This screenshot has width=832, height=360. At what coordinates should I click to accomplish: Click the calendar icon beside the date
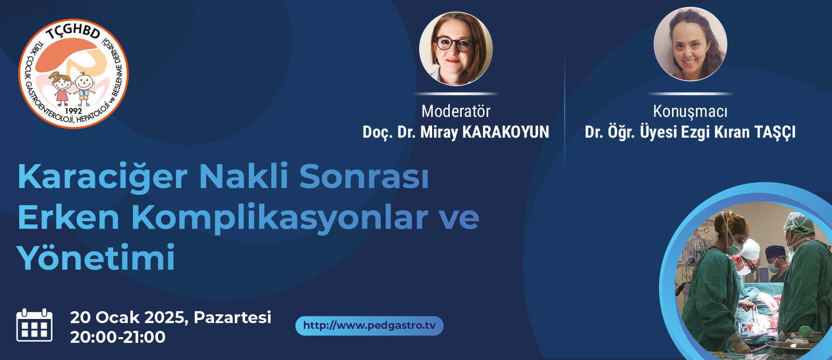(x=34, y=325)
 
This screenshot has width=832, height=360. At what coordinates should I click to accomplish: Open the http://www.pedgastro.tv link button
(x=369, y=326)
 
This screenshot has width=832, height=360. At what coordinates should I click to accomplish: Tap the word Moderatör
(x=456, y=111)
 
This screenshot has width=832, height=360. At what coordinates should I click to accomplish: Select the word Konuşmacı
(x=690, y=112)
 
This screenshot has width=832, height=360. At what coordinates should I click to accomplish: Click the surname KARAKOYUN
(x=505, y=132)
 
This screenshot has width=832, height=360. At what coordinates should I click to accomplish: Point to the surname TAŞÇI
(x=775, y=132)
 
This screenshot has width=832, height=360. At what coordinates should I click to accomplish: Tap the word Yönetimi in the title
(x=96, y=257)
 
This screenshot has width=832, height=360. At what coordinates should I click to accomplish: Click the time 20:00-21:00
(x=118, y=337)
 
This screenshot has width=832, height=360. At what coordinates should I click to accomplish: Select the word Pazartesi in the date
(x=233, y=317)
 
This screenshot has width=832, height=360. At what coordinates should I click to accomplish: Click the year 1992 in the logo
(x=73, y=111)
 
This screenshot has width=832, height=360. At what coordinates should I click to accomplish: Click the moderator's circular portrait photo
(x=456, y=49)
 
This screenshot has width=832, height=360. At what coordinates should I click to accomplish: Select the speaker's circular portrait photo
(x=691, y=44)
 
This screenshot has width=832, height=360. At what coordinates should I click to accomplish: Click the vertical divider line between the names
(x=565, y=112)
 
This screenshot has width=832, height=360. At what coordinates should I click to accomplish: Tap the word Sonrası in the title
(x=365, y=177)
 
